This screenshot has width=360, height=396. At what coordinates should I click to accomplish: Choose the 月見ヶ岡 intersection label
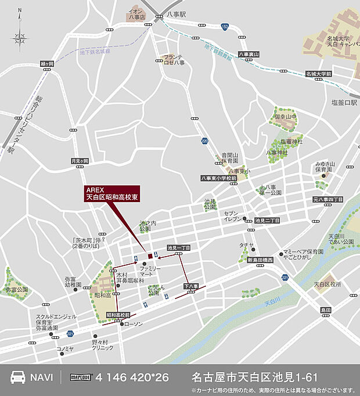(x=79, y=161)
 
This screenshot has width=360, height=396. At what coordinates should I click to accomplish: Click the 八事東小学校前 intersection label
(x=218, y=178)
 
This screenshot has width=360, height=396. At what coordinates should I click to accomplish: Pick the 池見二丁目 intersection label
(x=267, y=221)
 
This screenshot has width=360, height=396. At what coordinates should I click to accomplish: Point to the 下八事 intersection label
(x=191, y=286)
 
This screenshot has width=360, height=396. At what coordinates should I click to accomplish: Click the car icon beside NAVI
(x=17, y=377)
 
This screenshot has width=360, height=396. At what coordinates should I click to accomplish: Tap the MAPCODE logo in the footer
(x=81, y=377)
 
